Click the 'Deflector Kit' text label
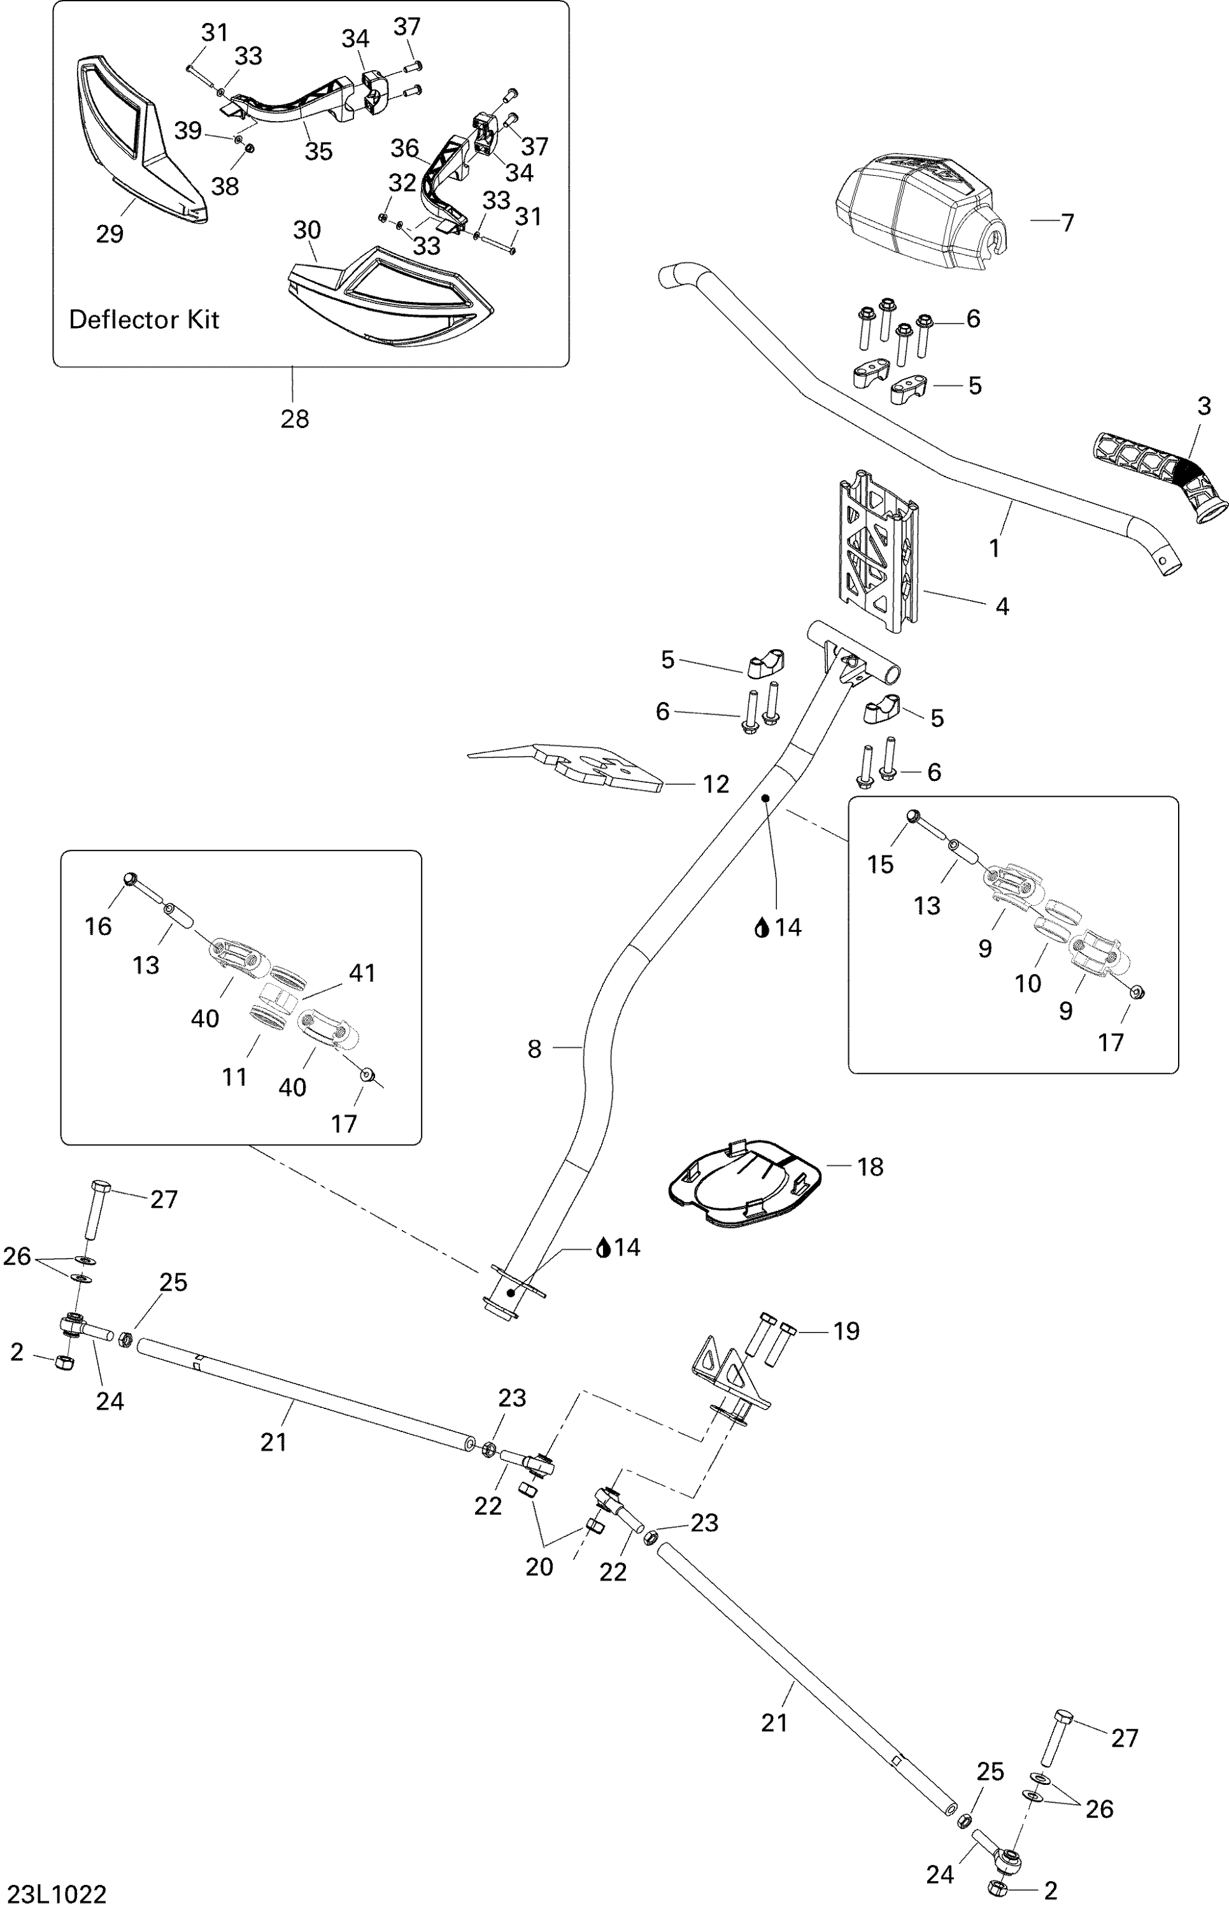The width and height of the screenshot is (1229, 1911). [144, 320]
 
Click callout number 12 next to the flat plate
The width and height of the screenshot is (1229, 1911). [716, 785]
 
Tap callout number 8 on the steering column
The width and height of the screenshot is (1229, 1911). [535, 1049]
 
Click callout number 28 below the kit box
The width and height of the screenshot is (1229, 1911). [294, 419]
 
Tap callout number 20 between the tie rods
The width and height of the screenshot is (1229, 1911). [539, 1567]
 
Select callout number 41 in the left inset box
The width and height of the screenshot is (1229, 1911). [362, 973]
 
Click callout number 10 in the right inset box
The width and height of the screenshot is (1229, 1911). [1028, 984]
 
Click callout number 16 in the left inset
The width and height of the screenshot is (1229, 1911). [98, 926]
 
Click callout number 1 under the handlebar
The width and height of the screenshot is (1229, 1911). [995, 548]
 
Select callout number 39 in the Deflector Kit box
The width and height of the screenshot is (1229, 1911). [188, 130]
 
